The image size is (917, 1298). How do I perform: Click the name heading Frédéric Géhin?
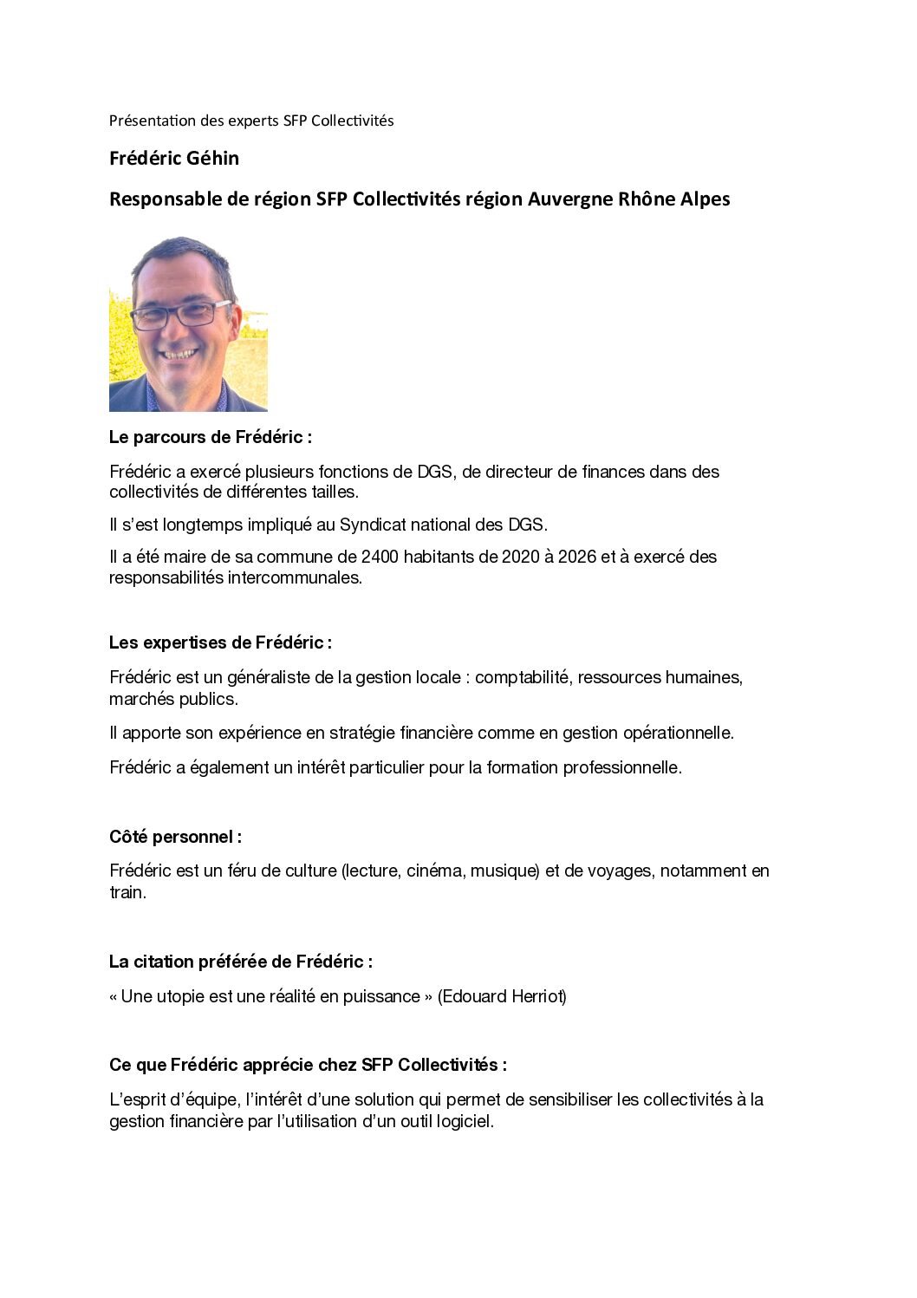(174, 159)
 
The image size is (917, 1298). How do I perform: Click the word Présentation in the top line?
(146, 121)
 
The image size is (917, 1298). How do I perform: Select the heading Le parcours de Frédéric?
(210, 437)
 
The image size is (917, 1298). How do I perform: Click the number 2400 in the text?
(380, 557)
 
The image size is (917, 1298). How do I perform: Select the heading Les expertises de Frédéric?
(220, 642)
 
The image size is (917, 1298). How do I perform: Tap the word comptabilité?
(523, 677)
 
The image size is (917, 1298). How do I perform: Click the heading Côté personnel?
(175, 837)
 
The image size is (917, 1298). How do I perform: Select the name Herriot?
(537, 996)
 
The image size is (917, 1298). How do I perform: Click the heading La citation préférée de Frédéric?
(240, 962)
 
